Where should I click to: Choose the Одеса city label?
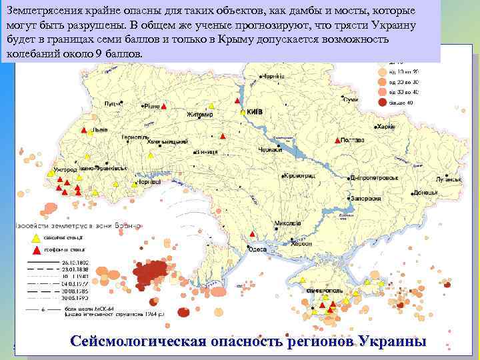point(257,249)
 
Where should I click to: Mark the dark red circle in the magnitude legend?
point(382,103)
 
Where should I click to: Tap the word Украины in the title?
point(392,341)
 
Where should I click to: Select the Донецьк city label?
point(425,193)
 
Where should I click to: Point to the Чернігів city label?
point(273,77)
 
